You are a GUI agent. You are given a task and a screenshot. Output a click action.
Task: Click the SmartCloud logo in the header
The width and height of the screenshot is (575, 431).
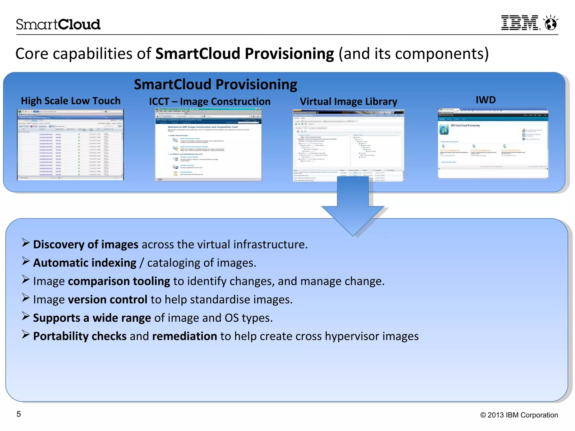coord(58,24)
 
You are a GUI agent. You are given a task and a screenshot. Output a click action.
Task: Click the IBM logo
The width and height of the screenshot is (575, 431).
coord(520,23)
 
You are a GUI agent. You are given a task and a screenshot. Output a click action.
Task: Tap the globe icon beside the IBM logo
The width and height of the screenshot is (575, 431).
coord(551,23)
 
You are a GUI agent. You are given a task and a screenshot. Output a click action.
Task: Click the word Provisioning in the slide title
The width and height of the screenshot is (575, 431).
coord(289,54)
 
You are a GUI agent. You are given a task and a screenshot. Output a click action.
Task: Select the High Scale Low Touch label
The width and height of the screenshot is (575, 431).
coord(70,101)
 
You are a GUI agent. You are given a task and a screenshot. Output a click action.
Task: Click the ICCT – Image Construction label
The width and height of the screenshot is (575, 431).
coord(209,102)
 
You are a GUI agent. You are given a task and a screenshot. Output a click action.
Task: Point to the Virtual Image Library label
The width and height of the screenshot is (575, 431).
coord(348,102)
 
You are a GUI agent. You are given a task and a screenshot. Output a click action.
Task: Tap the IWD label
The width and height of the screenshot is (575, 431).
coord(485,100)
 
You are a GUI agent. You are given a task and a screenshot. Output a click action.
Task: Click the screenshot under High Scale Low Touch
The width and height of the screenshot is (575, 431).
coord(70,145)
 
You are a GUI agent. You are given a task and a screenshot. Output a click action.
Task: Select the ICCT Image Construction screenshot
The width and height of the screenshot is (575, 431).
coord(208,145)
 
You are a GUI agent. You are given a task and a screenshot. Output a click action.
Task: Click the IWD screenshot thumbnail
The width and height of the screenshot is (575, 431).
coord(493,143)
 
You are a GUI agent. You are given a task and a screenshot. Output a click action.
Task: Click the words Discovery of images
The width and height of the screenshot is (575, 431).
coord(86,244)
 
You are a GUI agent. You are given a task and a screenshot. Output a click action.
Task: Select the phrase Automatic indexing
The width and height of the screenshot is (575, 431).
coord(85,263)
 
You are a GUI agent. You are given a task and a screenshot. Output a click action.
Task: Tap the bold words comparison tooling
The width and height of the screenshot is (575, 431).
coord(119,281)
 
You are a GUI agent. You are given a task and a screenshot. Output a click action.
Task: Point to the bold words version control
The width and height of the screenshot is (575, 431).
coord(108,300)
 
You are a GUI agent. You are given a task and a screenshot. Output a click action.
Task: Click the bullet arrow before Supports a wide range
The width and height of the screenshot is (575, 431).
coord(26,316)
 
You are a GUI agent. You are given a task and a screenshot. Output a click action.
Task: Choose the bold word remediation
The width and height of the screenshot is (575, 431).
coord(184,336)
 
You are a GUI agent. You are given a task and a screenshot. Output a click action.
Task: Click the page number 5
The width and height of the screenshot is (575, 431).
coord(19,414)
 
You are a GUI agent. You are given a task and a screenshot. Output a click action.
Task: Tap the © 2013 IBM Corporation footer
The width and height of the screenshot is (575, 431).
coord(519,415)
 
